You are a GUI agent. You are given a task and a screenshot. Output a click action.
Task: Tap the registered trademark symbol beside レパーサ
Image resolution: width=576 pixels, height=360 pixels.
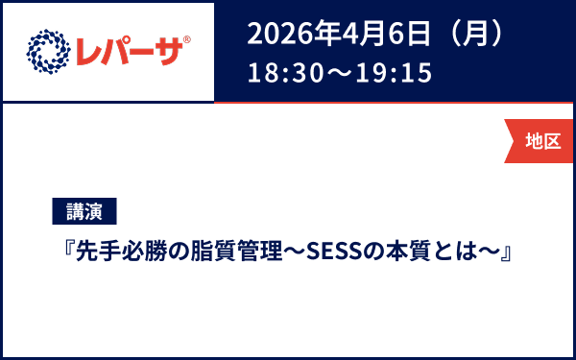pyautogui.click(x=186, y=39)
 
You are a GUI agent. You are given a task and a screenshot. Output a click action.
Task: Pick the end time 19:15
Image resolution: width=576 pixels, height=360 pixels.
pyautogui.click(x=393, y=72)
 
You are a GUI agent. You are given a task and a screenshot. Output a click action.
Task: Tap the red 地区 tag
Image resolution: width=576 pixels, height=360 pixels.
pyautogui.click(x=542, y=141)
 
